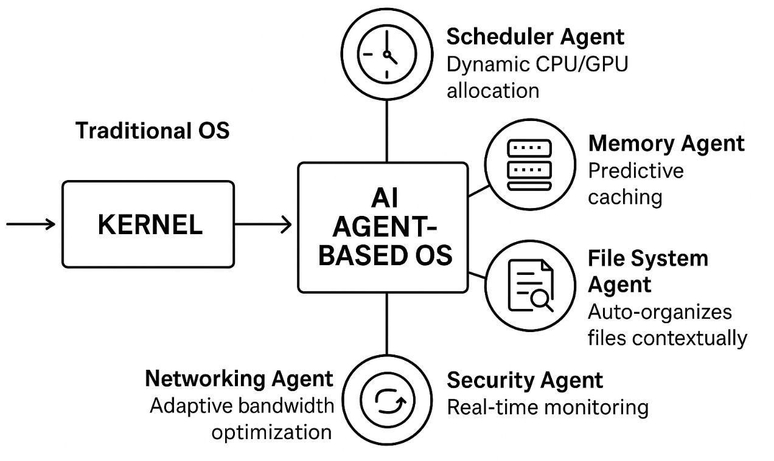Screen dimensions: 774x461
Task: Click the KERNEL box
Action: point(148,224)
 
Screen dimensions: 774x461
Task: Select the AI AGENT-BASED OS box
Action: point(383,227)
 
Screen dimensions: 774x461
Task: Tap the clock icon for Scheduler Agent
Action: point(386,54)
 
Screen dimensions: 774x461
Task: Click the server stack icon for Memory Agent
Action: point(530,164)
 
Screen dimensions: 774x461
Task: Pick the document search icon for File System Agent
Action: point(531,286)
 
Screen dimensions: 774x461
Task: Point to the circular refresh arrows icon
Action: point(388,400)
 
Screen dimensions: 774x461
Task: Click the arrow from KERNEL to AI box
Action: point(263,224)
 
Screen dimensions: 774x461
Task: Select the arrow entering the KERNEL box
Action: point(31,224)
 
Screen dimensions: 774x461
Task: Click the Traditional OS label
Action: point(152,131)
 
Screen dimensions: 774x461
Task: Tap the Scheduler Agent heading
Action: point(535,37)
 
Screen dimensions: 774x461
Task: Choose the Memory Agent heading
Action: point(666,144)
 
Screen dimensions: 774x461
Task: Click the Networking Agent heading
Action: point(239,379)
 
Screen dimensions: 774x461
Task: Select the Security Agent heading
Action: point(525,381)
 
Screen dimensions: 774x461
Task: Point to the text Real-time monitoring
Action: point(548,407)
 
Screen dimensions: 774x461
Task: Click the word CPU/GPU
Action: point(582,64)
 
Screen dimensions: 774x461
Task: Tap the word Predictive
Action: point(636,170)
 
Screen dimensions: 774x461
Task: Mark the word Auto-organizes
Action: point(660,312)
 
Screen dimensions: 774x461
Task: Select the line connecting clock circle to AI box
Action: point(386,131)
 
